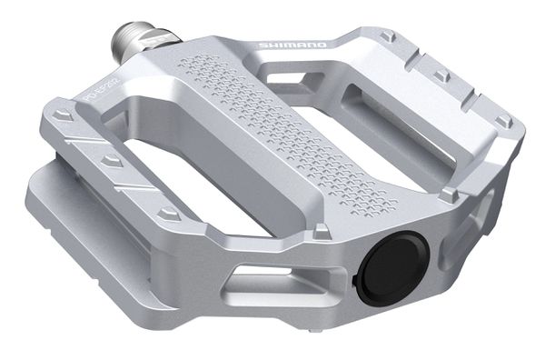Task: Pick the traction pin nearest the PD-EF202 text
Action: point(64,117)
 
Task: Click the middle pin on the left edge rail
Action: point(111,160)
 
